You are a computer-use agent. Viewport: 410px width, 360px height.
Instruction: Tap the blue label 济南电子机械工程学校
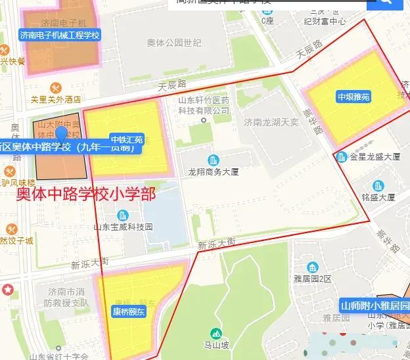60,35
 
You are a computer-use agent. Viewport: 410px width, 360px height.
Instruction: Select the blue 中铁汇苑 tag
127,140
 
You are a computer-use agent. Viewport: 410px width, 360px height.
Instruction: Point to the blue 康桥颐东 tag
129,312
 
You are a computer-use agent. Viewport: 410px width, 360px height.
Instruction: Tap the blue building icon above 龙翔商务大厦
213,160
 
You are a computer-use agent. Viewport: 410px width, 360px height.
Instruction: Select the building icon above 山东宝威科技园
123,215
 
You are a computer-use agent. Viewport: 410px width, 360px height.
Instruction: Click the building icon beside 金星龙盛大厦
341,157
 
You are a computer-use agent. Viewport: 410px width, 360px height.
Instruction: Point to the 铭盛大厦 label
378,197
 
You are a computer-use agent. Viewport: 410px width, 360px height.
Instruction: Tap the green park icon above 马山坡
215,333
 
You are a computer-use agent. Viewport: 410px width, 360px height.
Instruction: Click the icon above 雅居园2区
313,267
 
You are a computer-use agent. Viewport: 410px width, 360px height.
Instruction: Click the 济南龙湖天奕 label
271,122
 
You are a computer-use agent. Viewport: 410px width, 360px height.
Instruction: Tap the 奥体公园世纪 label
174,43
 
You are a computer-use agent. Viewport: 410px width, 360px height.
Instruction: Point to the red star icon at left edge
7,289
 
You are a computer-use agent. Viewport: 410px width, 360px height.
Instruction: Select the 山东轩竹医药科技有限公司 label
204,105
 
